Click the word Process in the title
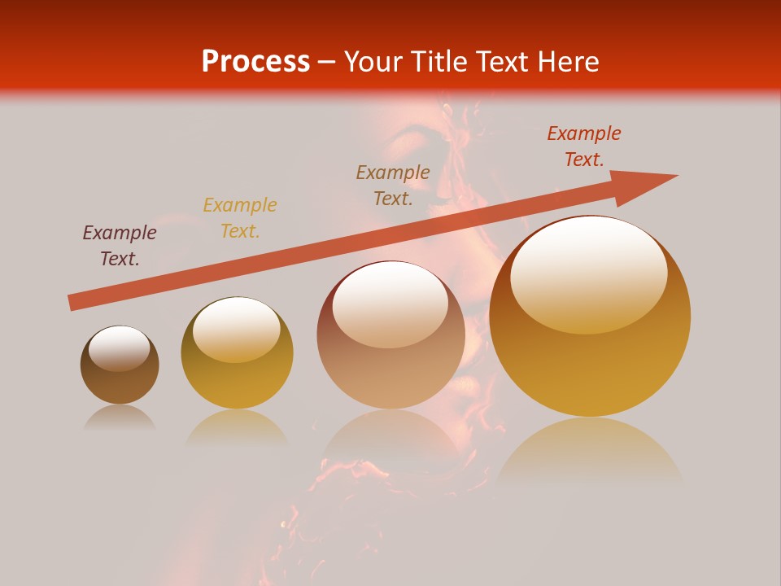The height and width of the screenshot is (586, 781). tap(255, 62)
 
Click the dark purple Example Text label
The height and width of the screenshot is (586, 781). tap(120, 246)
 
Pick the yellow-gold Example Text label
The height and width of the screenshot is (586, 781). tap(240, 218)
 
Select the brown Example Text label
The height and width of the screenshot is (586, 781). tap(393, 185)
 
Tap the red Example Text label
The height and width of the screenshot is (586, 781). tap(584, 146)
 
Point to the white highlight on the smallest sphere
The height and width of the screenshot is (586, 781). tap(119, 348)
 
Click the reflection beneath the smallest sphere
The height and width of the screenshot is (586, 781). tap(120, 418)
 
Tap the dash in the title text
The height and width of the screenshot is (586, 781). tap(327, 63)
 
